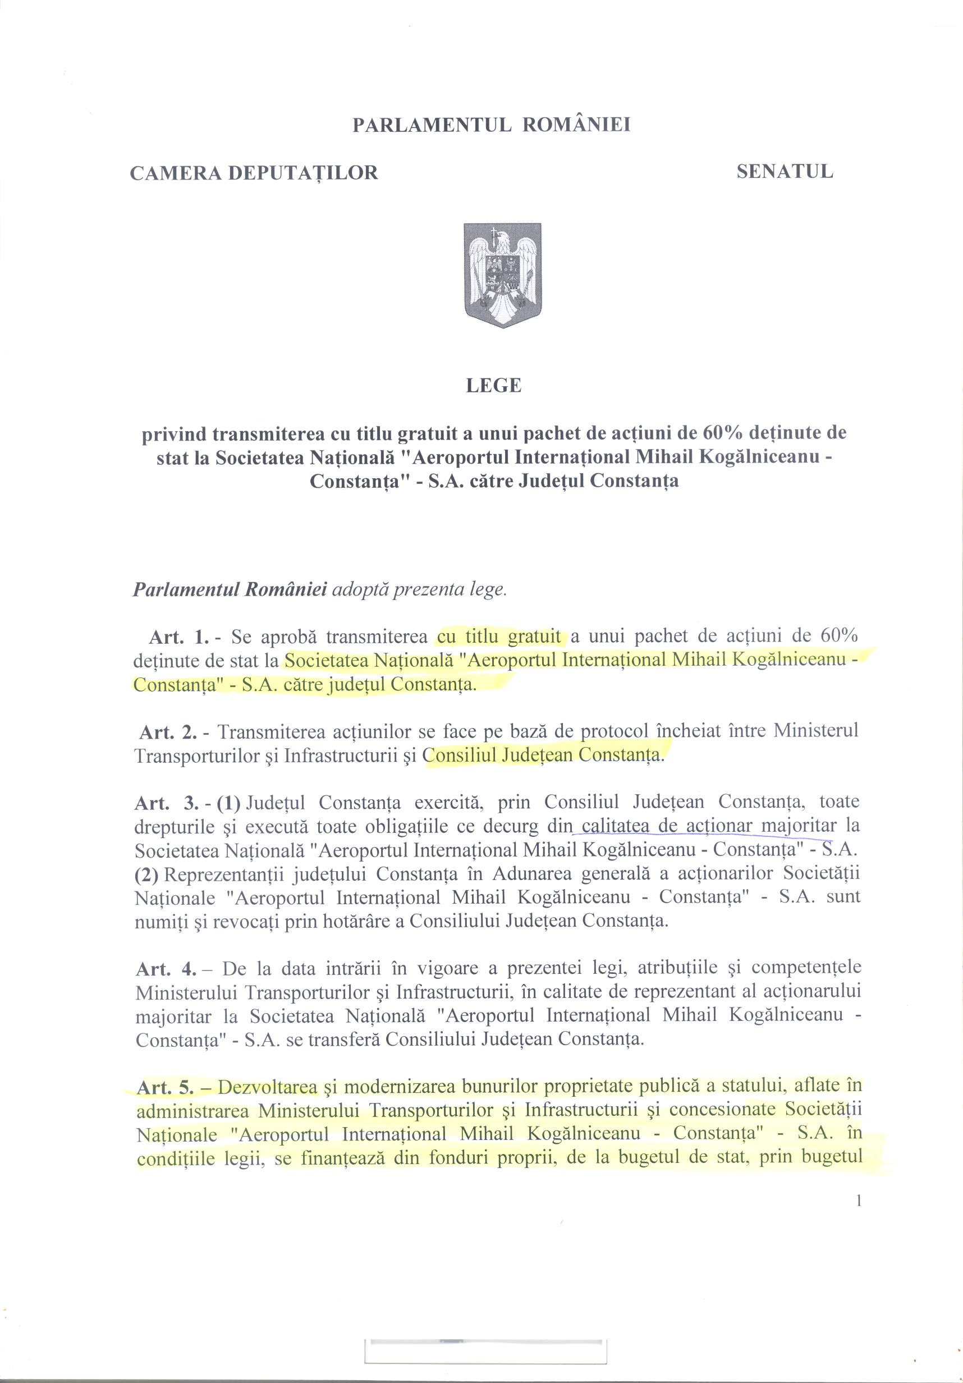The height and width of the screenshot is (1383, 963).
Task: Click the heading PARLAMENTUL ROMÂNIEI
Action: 491,125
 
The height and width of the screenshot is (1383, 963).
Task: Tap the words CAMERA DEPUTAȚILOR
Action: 254,173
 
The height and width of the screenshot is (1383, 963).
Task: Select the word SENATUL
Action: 785,172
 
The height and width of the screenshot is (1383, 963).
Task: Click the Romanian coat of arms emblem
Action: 502,274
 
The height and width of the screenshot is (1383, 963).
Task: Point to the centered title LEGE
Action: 493,386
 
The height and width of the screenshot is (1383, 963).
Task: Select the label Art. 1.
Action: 179,636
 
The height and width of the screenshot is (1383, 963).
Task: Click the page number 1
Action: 858,1201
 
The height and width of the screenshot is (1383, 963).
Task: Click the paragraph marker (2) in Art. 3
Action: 146,873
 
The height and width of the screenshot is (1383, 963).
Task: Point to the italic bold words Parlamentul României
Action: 230,588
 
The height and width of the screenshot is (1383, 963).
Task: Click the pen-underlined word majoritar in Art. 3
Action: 799,826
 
